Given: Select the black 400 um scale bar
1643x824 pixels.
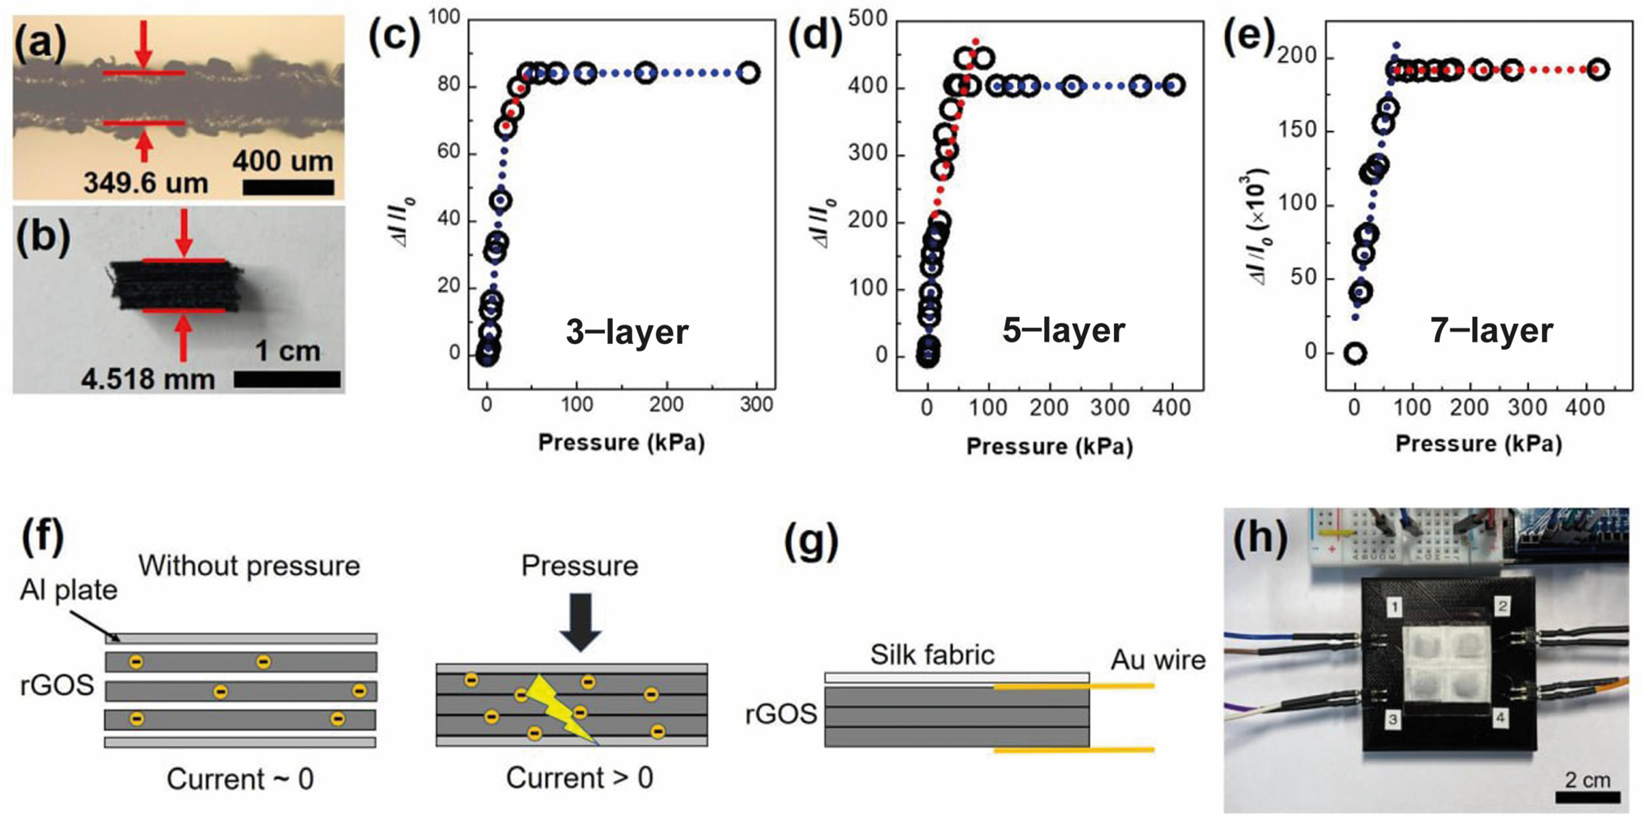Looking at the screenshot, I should click(x=288, y=187).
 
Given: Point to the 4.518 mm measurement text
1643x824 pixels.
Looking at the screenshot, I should click(x=148, y=379).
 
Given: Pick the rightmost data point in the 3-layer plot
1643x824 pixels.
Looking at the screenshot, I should click(x=749, y=72).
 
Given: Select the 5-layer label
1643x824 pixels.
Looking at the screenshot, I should click(x=1063, y=331).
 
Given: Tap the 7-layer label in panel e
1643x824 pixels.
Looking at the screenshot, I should click(x=1491, y=331).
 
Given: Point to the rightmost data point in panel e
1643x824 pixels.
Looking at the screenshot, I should click(x=1597, y=69).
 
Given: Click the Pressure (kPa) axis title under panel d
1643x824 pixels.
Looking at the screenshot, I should click(x=1049, y=447).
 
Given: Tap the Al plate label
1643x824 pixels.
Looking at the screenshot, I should click(x=69, y=590).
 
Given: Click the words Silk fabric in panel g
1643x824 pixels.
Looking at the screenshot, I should click(x=932, y=655).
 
